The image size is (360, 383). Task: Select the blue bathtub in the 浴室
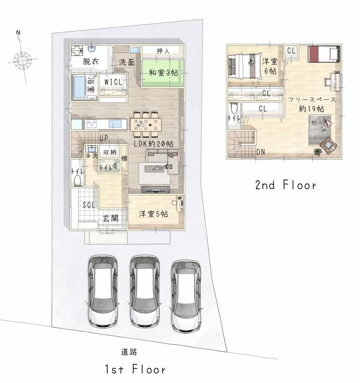coord(78,87)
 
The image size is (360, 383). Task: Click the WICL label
coord(113,82)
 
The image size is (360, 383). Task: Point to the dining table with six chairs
coord(146,124)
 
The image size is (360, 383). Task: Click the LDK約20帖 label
coord(154,143)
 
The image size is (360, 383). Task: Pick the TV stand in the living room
coord(156,190)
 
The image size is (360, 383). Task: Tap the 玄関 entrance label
coord(111,218)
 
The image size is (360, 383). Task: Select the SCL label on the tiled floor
coord(89,205)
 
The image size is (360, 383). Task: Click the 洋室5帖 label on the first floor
coord(154,214)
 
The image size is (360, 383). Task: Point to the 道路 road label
coord(129,352)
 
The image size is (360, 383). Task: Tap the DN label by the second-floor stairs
coord(261,152)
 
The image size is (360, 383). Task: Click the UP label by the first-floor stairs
coord(104,138)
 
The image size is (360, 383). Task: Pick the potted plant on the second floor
coord(318,152)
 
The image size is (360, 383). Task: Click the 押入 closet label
coord(163,51)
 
